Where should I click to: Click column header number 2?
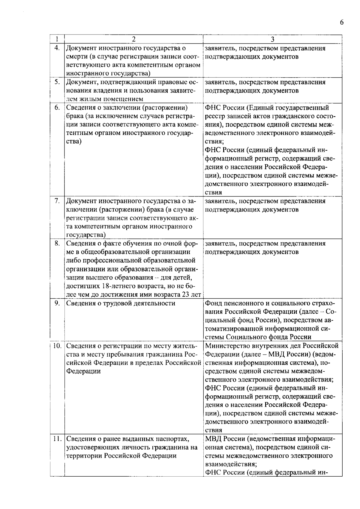click(133, 39)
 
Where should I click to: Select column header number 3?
click(272, 39)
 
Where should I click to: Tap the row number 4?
click(57, 48)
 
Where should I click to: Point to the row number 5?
click(57, 82)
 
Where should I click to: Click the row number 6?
click(57, 107)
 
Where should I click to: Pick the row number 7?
click(57, 201)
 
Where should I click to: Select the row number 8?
click(57, 243)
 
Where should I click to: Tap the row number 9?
click(57, 303)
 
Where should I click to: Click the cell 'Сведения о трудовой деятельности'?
click(121, 303)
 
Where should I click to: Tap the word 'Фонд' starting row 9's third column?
click(214, 303)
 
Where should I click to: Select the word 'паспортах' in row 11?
click(173, 439)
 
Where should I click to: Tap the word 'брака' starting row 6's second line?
click(74, 116)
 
